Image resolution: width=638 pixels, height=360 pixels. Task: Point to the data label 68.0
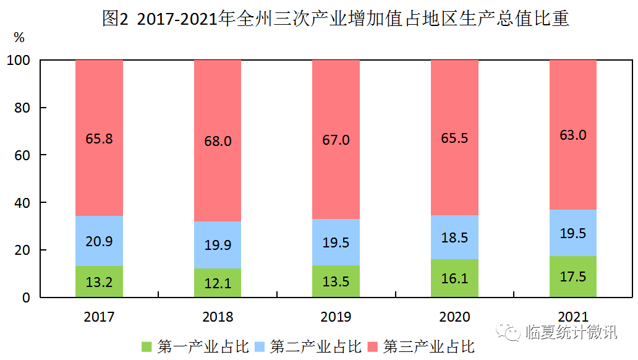click(218, 141)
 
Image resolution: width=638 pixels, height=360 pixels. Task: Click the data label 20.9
click(99, 242)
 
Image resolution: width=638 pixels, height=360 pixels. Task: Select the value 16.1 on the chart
click(454, 279)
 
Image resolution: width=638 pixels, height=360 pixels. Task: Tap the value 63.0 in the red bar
click(573, 135)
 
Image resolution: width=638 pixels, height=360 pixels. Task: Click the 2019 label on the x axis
click(336, 317)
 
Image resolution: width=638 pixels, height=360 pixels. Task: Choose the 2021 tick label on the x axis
click(573, 317)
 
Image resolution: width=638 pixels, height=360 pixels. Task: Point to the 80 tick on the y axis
click(22, 108)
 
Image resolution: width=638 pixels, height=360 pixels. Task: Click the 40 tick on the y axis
click(22, 203)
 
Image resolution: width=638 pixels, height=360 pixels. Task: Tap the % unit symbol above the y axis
click(19, 38)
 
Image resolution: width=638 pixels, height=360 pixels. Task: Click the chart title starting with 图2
click(336, 19)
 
